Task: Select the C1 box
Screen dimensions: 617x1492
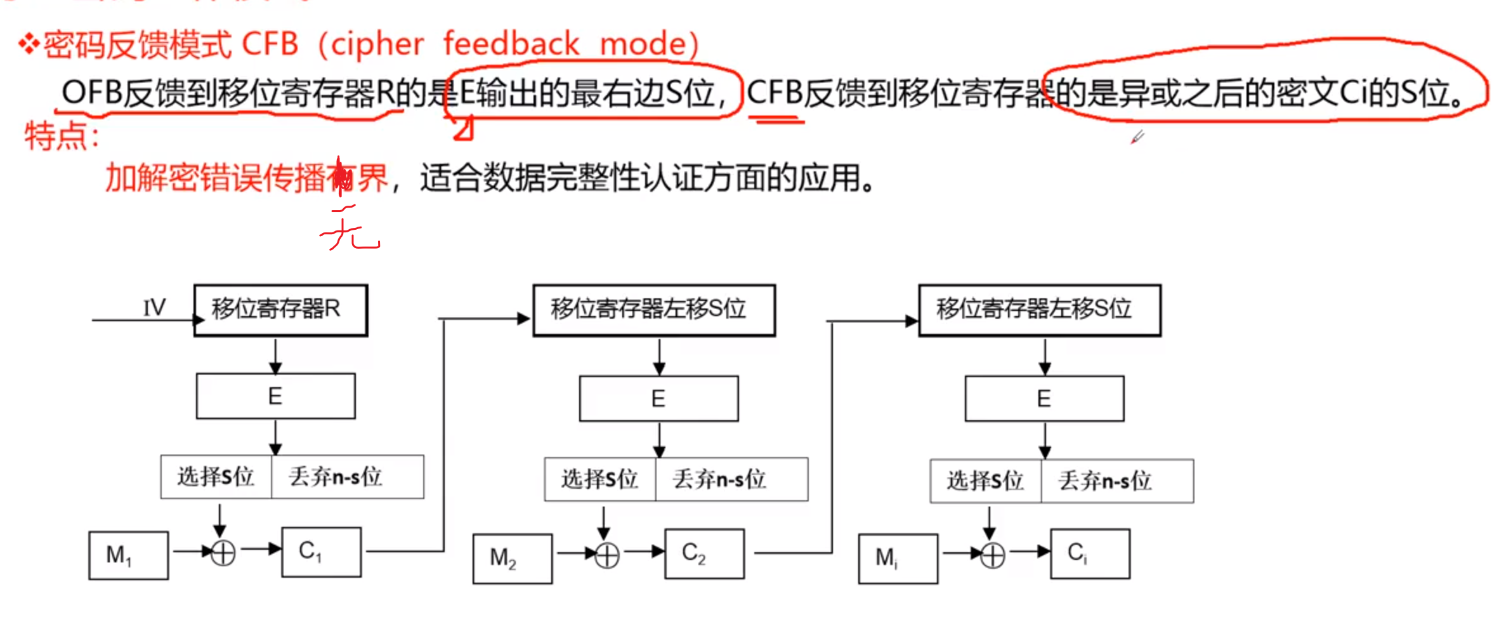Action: [322, 552]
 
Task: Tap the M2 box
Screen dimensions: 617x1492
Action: [512, 559]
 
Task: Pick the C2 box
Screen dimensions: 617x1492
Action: [704, 554]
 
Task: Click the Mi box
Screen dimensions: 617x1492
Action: [898, 559]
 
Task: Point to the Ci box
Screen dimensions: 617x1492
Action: [1090, 554]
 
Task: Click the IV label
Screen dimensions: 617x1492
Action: [154, 308]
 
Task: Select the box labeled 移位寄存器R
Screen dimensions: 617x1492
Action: [280, 310]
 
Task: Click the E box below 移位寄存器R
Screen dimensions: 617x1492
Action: [275, 396]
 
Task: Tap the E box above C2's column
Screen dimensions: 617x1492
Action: [658, 399]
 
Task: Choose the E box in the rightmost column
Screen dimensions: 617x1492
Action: [1044, 399]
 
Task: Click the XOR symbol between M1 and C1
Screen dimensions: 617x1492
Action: [223, 553]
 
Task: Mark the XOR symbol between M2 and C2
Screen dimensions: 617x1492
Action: [607, 555]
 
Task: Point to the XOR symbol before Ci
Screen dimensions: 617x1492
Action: [993, 556]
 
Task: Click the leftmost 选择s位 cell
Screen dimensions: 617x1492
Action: [216, 477]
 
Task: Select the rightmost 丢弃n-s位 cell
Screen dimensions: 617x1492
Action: [1116, 481]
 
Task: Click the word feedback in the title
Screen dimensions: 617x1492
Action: [511, 44]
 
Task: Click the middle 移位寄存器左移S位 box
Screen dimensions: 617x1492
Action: [653, 310]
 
